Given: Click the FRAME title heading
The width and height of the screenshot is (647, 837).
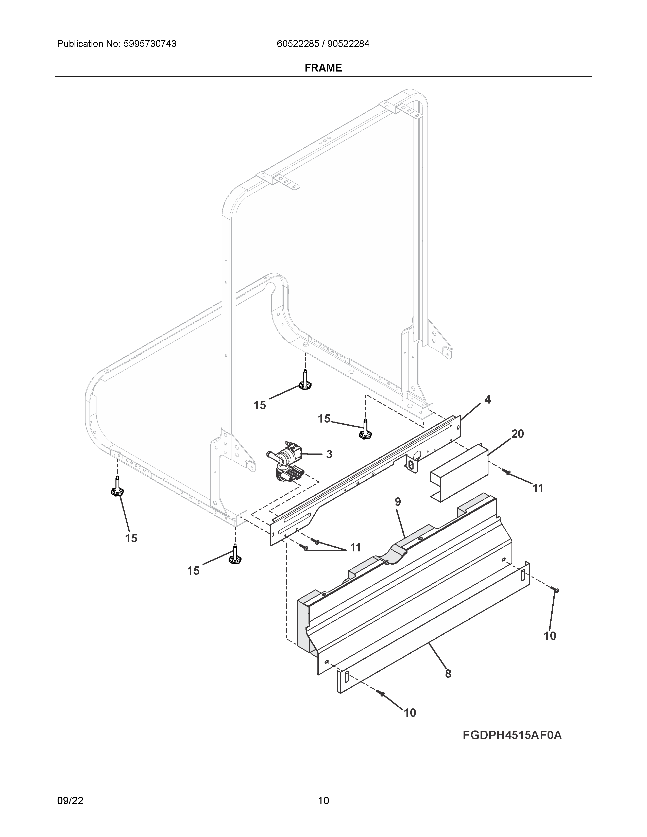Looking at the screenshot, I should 323,68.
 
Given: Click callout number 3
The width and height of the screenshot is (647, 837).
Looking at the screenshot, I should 329,455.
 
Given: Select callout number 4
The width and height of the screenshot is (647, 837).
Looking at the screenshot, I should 487,400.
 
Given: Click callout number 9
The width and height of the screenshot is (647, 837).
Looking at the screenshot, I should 398,502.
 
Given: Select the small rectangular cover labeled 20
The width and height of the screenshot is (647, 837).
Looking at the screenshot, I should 459,472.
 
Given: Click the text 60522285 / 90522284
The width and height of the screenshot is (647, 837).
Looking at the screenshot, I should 323,44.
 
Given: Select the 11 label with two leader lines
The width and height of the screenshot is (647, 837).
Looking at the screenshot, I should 355,548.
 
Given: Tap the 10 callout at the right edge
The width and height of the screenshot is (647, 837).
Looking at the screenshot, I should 550,636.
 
